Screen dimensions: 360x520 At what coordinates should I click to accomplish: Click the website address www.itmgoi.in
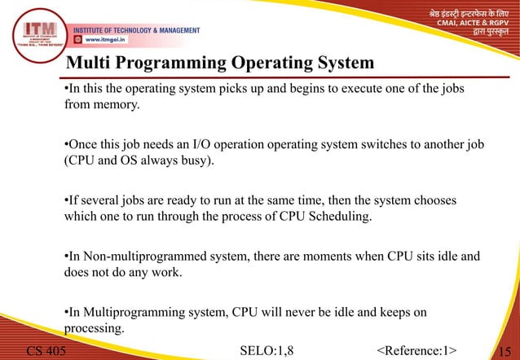click(102, 38)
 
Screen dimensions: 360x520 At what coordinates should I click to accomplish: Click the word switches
click(372, 144)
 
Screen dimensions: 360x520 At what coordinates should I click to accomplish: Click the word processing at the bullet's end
click(93, 328)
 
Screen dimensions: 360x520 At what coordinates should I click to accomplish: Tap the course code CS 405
click(46, 351)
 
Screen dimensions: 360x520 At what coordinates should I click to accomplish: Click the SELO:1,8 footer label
click(267, 351)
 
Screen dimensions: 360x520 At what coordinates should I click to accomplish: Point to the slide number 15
click(507, 351)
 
